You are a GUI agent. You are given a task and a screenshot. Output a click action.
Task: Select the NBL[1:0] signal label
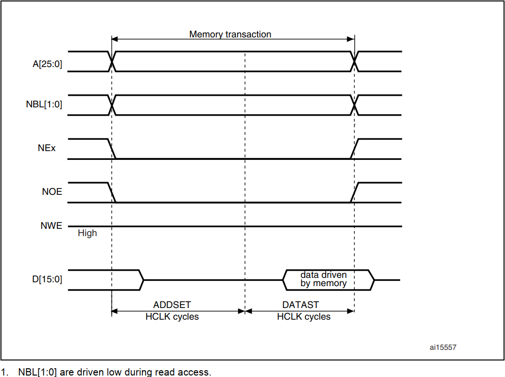pyautogui.click(x=44, y=104)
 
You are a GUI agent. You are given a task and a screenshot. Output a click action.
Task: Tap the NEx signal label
pyautogui.click(x=47, y=148)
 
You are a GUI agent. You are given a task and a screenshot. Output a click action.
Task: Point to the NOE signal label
pyautogui.click(x=52, y=192)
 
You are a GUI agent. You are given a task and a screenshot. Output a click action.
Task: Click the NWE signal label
pyautogui.click(x=52, y=225)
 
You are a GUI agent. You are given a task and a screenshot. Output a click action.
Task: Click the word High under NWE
pyautogui.click(x=87, y=233)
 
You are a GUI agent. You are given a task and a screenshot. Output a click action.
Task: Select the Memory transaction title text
pyautogui.click(x=230, y=34)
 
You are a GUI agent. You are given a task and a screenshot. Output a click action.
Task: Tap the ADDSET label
pyautogui.click(x=172, y=305)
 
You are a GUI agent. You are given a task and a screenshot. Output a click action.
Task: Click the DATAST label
pyautogui.click(x=301, y=305)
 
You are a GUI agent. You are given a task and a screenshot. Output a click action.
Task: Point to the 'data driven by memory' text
pyautogui.click(x=323, y=279)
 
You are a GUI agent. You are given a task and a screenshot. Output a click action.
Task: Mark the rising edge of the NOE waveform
pyautogui.click(x=354, y=192)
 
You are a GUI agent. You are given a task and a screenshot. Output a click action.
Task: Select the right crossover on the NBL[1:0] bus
pyautogui.click(x=354, y=105)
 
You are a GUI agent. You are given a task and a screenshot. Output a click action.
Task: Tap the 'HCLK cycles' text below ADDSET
pyautogui.click(x=172, y=317)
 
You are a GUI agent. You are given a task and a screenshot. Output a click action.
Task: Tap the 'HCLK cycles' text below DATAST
pyautogui.click(x=304, y=317)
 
